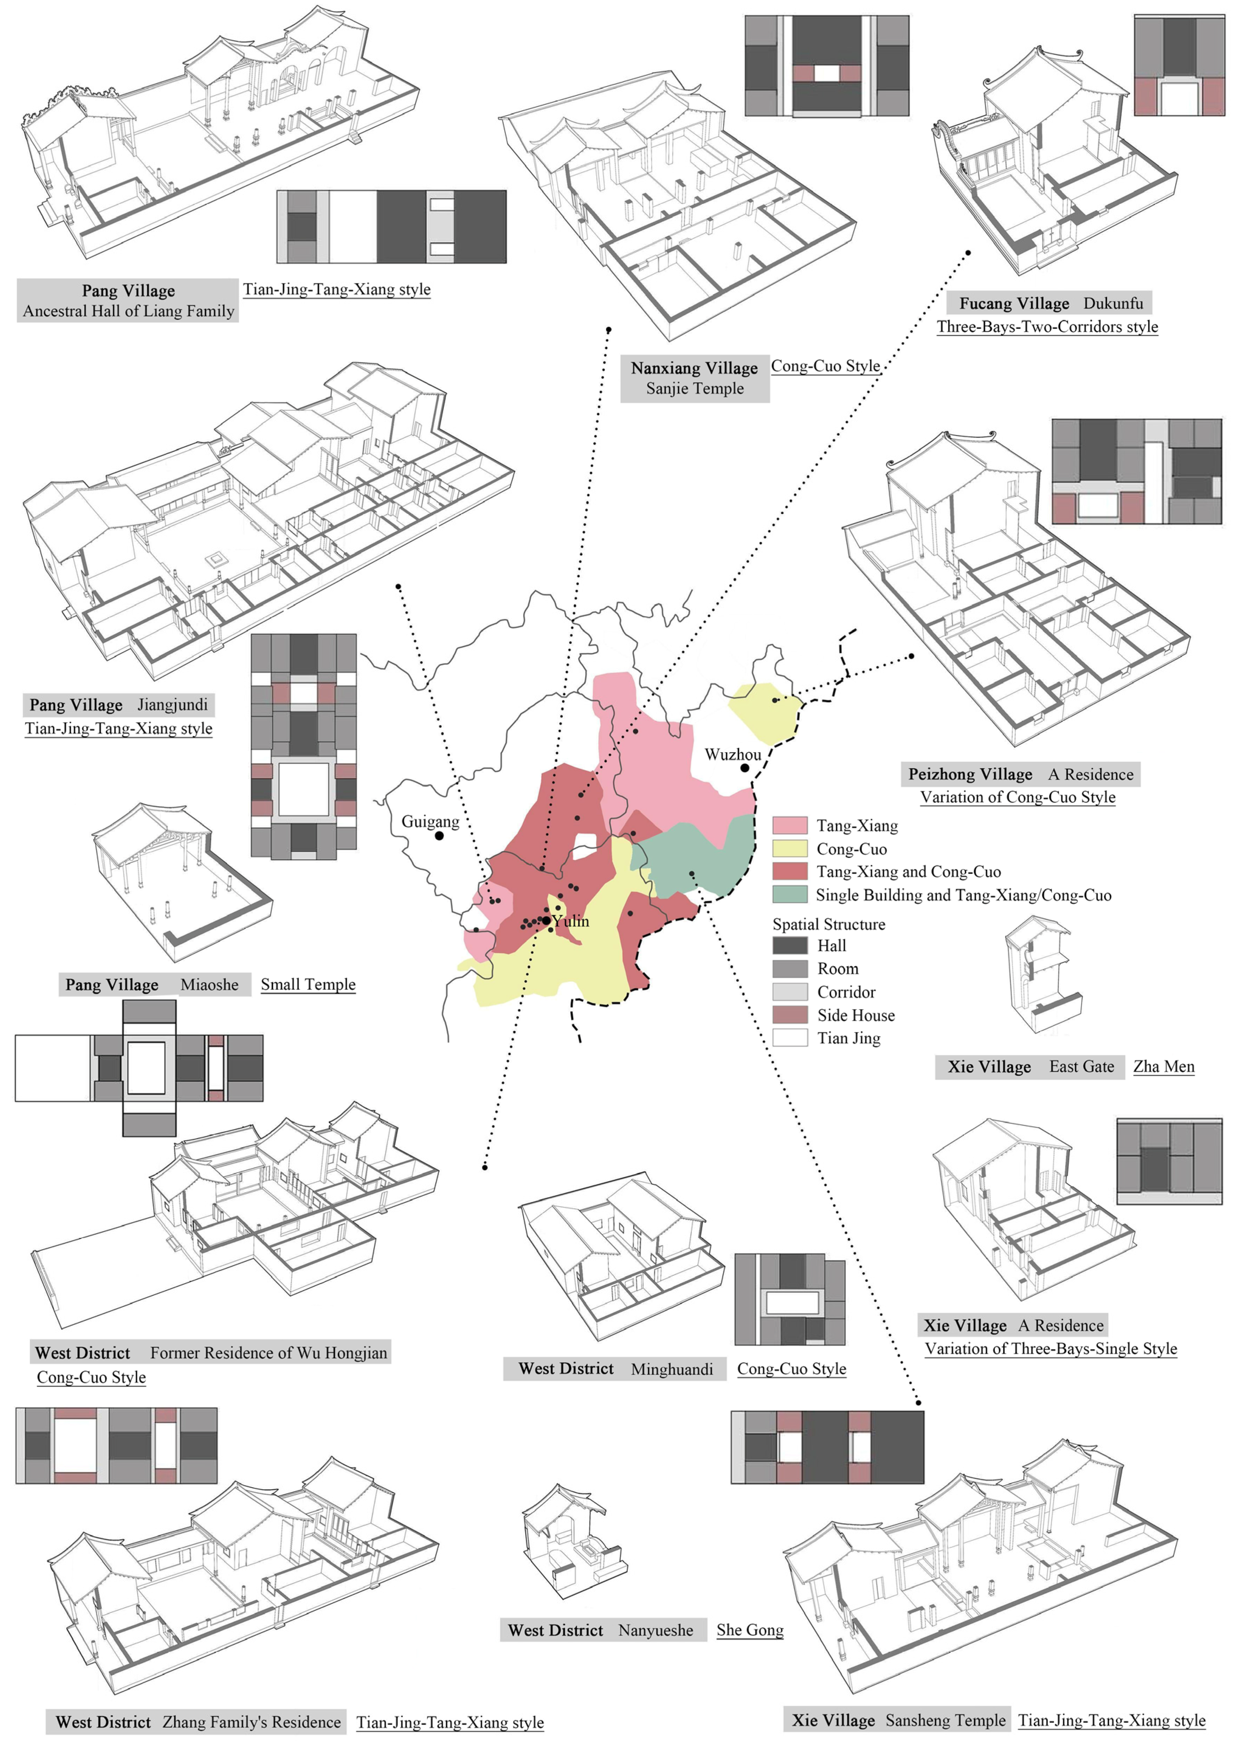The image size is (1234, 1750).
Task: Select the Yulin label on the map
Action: pos(571,922)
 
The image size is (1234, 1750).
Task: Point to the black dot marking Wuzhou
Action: pos(745,767)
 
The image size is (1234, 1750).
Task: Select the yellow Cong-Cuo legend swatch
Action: pos(789,848)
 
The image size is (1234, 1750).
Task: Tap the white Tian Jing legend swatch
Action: pos(789,1038)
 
